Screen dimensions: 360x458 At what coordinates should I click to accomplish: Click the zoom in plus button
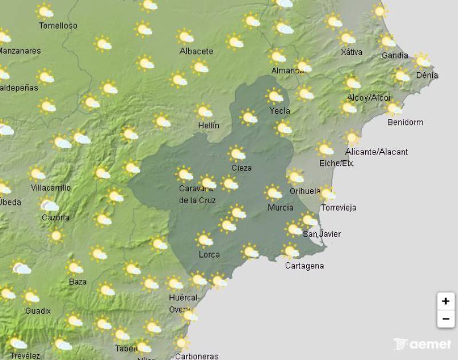coord(445,301)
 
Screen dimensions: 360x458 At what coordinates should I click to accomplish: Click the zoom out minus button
coord(445,319)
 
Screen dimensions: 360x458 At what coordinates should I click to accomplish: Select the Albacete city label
coord(196,51)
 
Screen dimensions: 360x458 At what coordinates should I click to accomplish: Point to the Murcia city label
coord(281,207)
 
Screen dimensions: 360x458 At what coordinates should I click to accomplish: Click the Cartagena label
coord(304,266)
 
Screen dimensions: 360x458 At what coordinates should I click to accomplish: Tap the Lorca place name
coord(209,254)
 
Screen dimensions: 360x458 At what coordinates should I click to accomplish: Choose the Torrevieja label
coord(338,207)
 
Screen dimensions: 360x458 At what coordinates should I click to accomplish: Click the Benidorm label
coord(405,122)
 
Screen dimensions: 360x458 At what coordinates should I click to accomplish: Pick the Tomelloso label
coord(58,26)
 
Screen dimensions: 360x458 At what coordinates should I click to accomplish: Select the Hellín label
coord(209,125)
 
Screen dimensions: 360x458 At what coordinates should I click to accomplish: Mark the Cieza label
coord(241,168)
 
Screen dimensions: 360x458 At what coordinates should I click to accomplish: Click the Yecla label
coord(280,110)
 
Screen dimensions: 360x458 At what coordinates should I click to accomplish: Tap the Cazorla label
coord(56,217)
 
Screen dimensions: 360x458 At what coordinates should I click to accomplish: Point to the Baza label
coord(77,282)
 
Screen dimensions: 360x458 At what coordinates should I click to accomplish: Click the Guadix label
coord(38,311)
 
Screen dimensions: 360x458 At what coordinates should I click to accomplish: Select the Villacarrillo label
coord(51,187)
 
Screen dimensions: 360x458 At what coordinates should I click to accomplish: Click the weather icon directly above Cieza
coord(236,153)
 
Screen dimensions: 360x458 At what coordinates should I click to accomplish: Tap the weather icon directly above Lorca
coord(204,239)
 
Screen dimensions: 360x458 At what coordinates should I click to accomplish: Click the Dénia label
coord(427,75)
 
